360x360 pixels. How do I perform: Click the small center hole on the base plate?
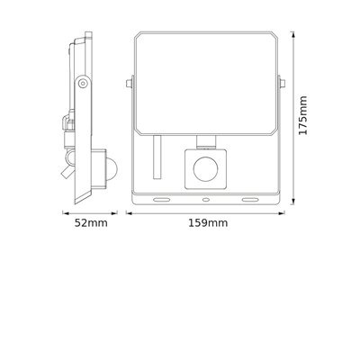pyautogui.click(x=206, y=199)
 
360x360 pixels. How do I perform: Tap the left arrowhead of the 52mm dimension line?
pyautogui.click(x=63, y=213)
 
